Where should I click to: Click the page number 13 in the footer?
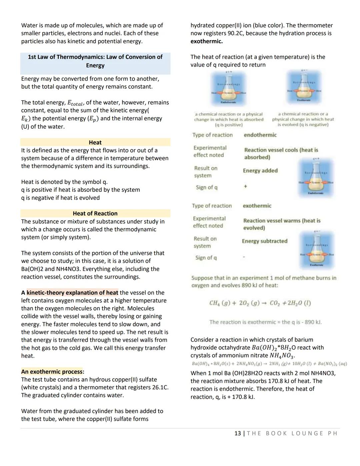[237, 433]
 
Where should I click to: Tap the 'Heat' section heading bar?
[95, 142]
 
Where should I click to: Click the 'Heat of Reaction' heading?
[95, 213]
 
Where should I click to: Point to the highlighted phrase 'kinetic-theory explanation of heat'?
[72, 293]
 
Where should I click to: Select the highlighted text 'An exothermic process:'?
[53, 372]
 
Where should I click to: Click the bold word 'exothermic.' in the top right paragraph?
[206, 41]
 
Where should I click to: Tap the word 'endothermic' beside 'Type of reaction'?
[260, 135]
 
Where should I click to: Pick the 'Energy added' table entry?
[260, 171]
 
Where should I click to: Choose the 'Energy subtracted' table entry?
[264, 241]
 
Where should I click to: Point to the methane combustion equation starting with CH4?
[260, 303]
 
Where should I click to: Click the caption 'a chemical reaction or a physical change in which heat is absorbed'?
[229, 119]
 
